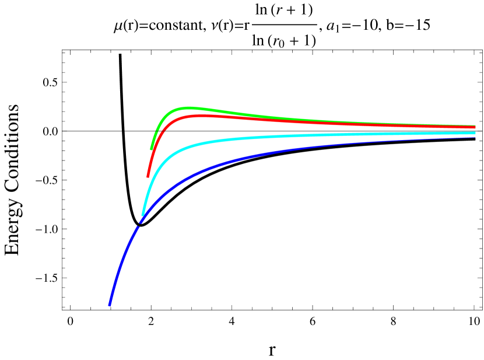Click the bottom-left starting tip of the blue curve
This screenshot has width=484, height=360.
[110, 304]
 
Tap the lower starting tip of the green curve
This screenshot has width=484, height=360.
[152, 149]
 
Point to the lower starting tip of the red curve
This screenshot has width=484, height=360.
[148, 176]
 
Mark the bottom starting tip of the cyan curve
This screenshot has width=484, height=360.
[142, 216]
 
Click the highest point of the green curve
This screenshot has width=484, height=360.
[188, 107]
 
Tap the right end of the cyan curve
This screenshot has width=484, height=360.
[475, 133]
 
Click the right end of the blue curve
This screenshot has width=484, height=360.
[475, 138]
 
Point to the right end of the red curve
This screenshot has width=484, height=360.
[475, 127]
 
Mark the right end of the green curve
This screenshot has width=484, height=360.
[475, 125]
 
